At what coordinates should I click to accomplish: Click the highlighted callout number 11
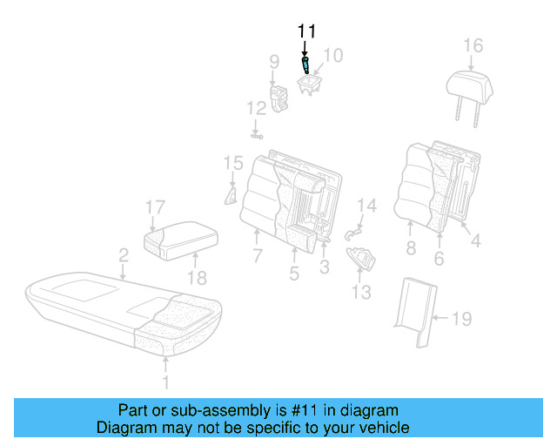coord(305,30)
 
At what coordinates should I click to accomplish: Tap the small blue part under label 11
coord(305,64)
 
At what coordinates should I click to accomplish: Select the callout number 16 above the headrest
coord(472,45)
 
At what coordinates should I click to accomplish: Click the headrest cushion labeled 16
coord(471,84)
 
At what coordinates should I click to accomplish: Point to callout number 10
coord(333,56)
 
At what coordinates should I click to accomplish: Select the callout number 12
coord(255,109)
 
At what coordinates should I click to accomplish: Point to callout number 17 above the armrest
coord(154,207)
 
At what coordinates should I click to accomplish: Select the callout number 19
coord(460,319)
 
